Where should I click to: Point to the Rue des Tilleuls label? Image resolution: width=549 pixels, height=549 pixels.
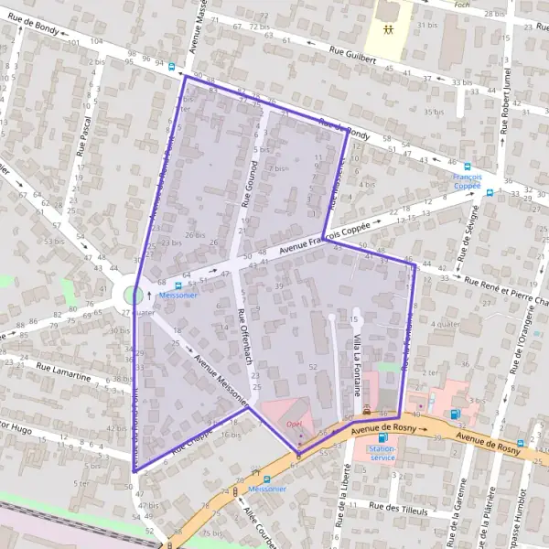(399, 505)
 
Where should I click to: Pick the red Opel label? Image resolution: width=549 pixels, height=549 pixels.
(294, 424)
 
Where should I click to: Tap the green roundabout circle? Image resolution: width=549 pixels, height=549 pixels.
(134, 295)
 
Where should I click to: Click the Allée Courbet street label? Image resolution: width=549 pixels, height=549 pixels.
(259, 527)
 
